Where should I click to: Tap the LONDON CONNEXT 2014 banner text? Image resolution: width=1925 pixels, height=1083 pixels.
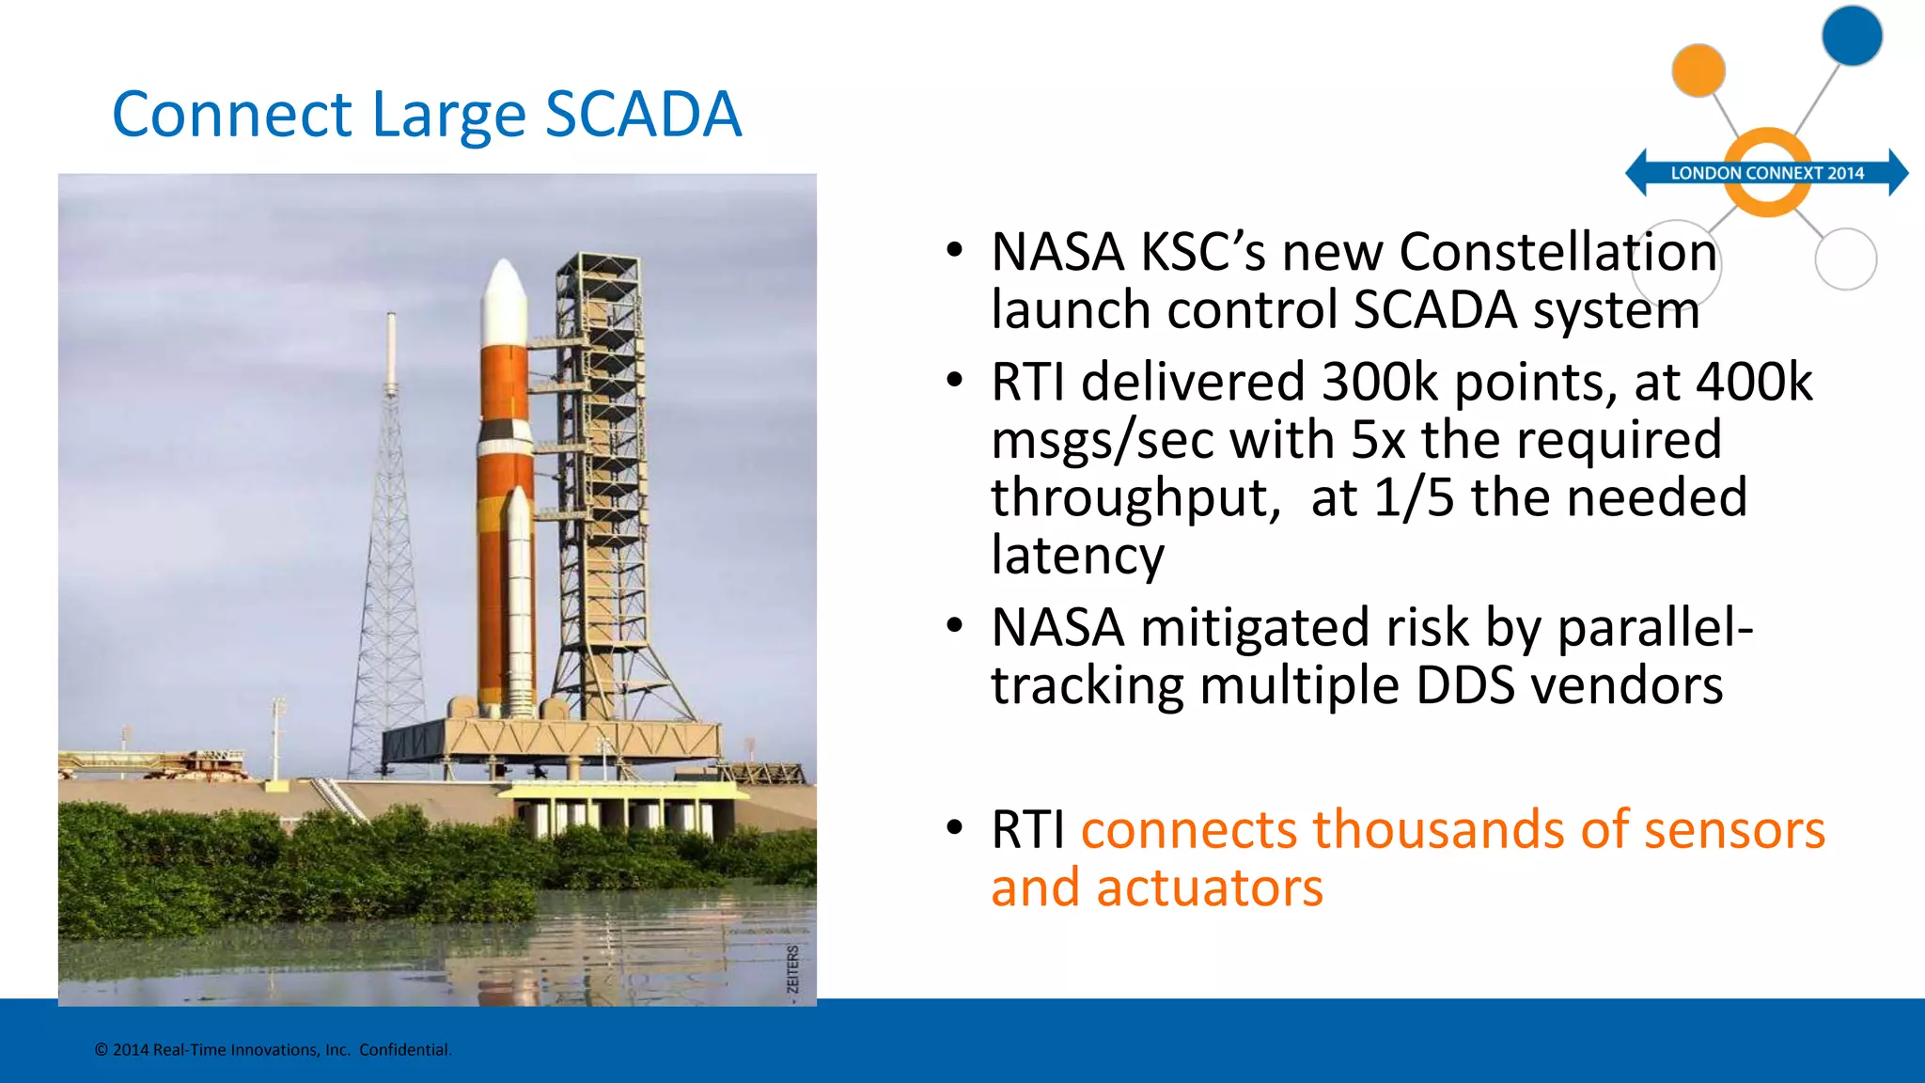pos(1766,173)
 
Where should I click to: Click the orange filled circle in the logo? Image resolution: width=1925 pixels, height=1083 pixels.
pos(1698,71)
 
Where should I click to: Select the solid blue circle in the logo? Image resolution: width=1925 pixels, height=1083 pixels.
pos(1852,36)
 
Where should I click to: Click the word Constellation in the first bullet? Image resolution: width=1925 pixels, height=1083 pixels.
pos(1557,252)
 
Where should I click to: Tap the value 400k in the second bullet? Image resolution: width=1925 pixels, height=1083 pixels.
pos(1753,382)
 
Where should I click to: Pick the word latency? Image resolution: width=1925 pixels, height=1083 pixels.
pos(1077,555)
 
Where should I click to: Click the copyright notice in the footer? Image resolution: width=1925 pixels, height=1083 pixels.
pos(273,1050)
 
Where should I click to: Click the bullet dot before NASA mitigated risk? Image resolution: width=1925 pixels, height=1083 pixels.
pos(955,626)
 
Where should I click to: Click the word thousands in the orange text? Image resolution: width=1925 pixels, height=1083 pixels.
pos(1438,829)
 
